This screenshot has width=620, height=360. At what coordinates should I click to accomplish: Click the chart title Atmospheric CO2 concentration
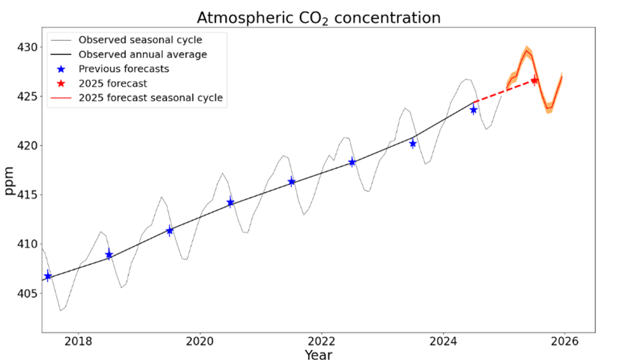point(318,17)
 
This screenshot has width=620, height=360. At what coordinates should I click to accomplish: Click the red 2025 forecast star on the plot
point(534,80)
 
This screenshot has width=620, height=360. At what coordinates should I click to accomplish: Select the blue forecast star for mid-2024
point(473,109)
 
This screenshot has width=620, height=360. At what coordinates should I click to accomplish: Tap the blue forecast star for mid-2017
point(47,276)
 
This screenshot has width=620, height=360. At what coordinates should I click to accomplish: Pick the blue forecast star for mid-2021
point(291,182)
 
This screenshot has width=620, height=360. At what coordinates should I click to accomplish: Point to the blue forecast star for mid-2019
point(170,231)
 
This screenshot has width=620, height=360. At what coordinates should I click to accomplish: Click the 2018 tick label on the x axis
point(78,342)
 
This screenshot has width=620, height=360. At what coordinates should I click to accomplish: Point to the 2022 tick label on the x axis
point(321,342)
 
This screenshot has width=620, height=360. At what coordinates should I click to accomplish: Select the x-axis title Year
point(318,355)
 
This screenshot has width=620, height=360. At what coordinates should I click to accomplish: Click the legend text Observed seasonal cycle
point(140,40)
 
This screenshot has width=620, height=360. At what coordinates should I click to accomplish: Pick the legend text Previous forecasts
point(123,68)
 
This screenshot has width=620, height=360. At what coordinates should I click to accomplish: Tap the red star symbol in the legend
point(61,83)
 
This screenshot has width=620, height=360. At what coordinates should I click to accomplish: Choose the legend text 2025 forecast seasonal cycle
point(151,97)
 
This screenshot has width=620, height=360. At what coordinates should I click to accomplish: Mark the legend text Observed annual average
point(142,54)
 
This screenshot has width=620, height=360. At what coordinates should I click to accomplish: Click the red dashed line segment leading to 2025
point(504,91)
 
